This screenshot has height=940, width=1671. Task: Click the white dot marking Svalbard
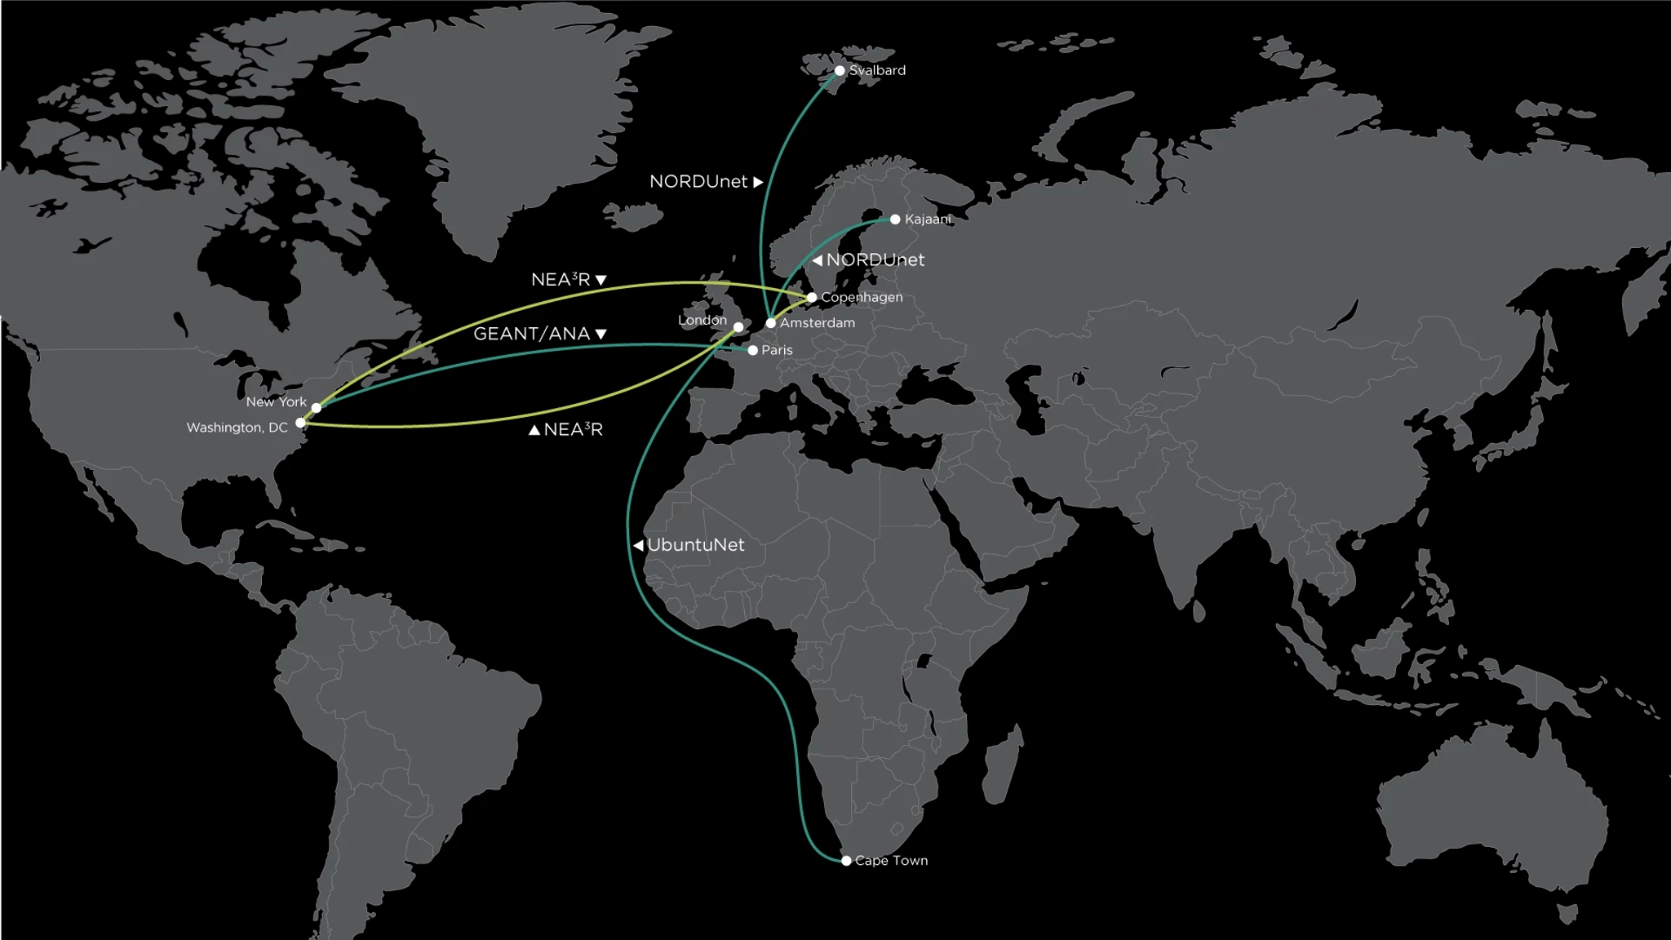click(840, 71)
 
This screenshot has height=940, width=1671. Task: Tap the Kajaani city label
click(928, 219)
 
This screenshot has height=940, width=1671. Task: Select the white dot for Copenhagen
click(812, 298)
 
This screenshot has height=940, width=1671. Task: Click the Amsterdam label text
click(818, 323)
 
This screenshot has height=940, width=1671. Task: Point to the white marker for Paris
click(753, 350)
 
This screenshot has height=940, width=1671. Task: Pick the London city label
click(703, 320)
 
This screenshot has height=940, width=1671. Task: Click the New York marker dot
click(317, 408)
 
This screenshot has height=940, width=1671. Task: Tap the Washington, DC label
click(237, 428)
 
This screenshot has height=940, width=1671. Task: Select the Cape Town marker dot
click(846, 861)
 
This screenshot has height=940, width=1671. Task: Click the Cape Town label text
click(892, 861)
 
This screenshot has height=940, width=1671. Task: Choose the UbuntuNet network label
click(696, 545)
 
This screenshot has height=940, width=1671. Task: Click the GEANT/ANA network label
click(532, 334)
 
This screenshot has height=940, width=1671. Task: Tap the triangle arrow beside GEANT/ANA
click(601, 335)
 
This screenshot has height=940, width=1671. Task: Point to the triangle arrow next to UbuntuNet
click(638, 545)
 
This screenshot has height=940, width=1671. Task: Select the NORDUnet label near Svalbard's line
click(698, 182)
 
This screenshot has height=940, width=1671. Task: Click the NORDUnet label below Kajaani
click(875, 260)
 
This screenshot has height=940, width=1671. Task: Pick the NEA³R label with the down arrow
click(561, 280)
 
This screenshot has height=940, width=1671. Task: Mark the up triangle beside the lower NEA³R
click(534, 430)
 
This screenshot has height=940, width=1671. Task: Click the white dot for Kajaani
click(895, 219)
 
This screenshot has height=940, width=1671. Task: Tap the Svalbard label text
click(877, 71)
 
